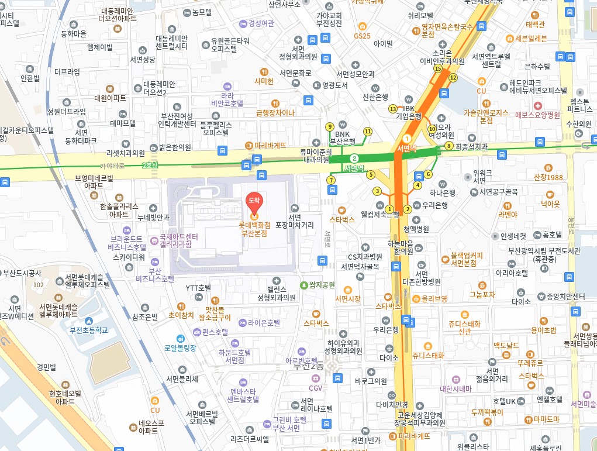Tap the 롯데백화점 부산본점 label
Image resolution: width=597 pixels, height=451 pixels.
tap(254, 229)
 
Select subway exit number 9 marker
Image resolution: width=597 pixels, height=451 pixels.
tap(330, 126)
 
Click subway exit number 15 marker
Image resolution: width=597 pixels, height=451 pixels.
tap(437, 68)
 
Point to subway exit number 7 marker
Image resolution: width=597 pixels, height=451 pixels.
tap(331, 180)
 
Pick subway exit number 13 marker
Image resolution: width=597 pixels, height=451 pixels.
tap(392, 109)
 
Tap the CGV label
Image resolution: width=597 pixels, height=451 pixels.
tap(316, 387)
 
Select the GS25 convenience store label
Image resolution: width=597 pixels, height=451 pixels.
tap(362, 36)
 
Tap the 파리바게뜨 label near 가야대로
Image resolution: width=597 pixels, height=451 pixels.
tap(270, 145)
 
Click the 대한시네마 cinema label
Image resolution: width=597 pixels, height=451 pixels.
tap(455, 388)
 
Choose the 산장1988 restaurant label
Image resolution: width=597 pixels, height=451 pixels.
tap(548, 177)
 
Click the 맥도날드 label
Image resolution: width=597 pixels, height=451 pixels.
tap(506, 345)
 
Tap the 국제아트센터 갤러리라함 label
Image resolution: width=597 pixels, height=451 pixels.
tap(182, 240)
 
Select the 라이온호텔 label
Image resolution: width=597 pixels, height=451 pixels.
tap(264, 322)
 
